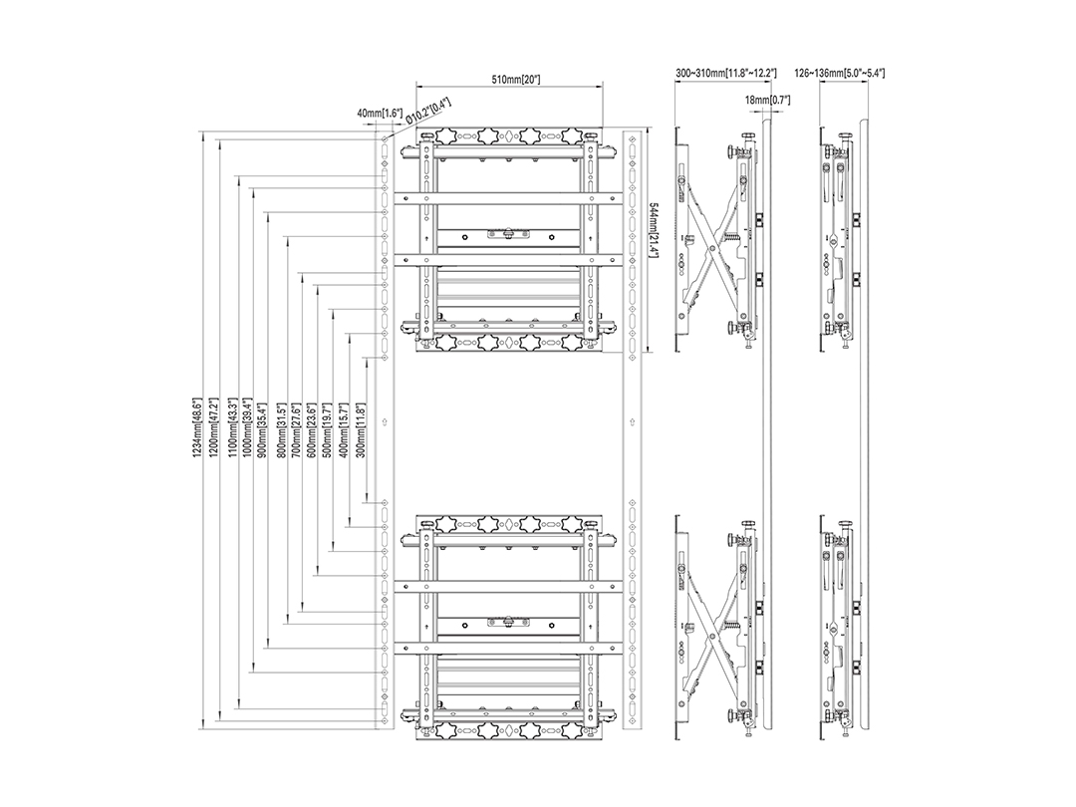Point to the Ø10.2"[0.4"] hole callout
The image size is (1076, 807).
pos(429,111)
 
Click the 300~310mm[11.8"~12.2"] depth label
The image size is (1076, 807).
pos(726,72)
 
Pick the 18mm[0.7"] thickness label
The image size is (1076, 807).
pos(767,101)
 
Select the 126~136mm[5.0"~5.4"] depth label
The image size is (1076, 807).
pos(839,72)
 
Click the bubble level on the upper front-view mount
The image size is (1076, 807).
pos(508,234)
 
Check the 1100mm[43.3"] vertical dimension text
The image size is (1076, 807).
pos(231,426)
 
